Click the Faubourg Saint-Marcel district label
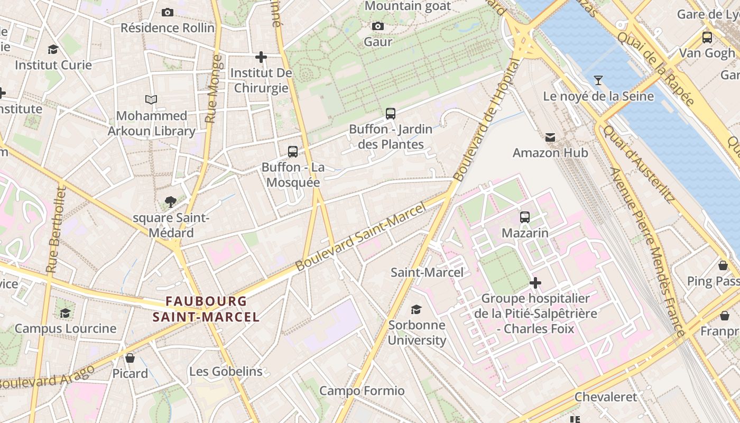point(206,309)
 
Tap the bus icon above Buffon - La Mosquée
point(293,152)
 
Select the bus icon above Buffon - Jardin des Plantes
point(391,113)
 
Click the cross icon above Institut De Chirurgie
point(261,57)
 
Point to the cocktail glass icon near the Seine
point(598,80)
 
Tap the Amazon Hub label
point(550,153)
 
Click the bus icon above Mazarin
point(525,217)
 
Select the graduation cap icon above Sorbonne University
point(417,309)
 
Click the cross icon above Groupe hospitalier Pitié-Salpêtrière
point(535,283)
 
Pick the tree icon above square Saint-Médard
point(170,201)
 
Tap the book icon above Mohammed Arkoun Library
point(151,99)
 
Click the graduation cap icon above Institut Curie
point(53,50)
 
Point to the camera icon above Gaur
point(378,26)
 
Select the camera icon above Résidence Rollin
point(168,12)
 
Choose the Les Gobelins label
point(226,371)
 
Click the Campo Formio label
point(362,391)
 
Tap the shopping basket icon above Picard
point(130,358)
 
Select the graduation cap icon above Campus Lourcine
point(65,313)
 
